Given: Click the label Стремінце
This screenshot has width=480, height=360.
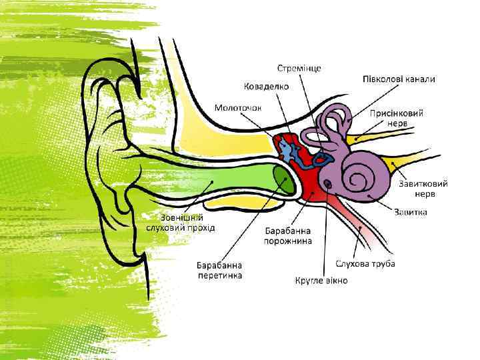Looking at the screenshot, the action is click(x=299, y=69).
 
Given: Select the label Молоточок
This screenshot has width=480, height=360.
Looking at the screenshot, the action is click(x=238, y=107).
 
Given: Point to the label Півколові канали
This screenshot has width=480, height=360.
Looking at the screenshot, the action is click(x=399, y=79).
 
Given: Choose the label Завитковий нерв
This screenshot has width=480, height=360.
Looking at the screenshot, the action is click(x=423, y=188).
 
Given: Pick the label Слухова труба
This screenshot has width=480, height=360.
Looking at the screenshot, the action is click(x=365, y=264).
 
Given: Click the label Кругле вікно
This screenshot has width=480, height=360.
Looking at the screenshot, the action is click(x=321, y=281).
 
